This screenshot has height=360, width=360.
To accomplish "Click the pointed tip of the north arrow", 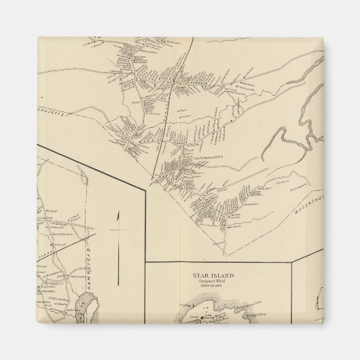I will tap(118, 213).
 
